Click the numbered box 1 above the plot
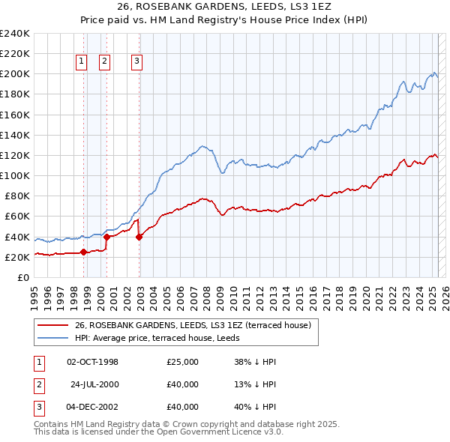(x=81, y=63)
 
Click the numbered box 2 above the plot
(x=104, y=63)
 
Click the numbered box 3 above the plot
(x=138, y=63)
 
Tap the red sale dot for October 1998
(x=83, y=252)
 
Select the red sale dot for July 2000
(x=106, y=237)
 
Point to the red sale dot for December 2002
(x=139, y=237)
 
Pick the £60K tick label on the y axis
(x=16, y=217)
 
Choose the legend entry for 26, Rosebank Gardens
(x=197, y=325)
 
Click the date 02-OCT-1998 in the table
(x=92, y=362)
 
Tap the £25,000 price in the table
(x=183, y=362)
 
